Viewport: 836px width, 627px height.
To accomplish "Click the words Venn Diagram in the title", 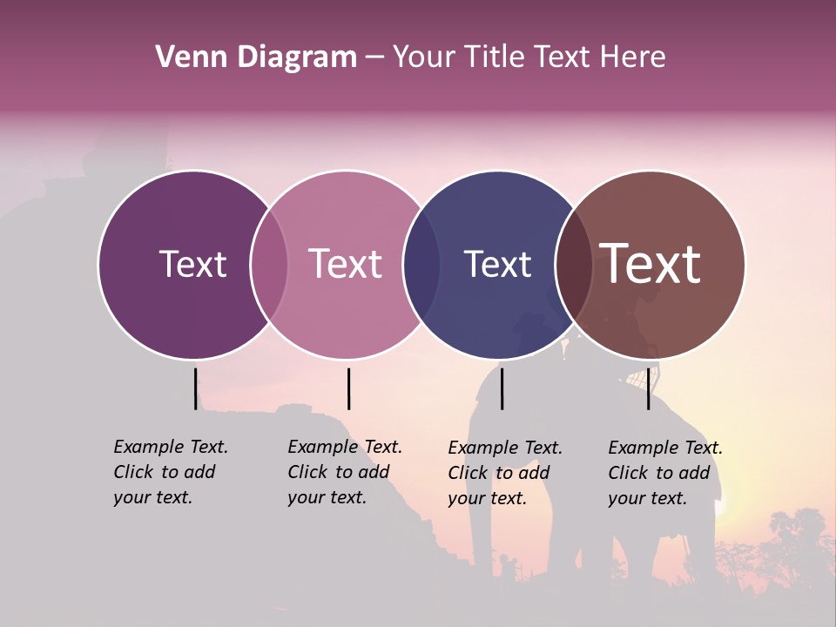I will click(x=256, y=57).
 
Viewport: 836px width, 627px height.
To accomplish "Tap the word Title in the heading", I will click(x=494, y=57).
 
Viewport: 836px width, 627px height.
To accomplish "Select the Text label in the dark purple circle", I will click(x=192, y=264).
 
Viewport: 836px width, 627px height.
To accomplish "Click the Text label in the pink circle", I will click(x=346, y=264).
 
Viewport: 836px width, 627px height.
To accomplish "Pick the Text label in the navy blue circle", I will click(x=497, y=264).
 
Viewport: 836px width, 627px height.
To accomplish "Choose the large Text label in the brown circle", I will click(x=651, y=264).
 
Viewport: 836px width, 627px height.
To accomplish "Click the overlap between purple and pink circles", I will click(x=269, y=265).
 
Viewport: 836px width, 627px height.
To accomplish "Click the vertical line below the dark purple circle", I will click(x=195, y=388).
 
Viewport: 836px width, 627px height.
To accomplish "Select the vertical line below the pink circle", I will click(x=348, y=388).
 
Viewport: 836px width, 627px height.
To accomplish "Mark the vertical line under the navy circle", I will click(x=502, y=388).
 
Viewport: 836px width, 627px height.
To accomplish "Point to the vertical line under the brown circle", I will click(x=648, y=388).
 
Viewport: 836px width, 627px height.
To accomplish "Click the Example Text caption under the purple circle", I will click(x=171, y=472).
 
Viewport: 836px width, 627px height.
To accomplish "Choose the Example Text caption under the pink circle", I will click(x=345, y=472).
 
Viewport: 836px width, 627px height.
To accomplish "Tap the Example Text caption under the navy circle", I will click(x=505, y=473).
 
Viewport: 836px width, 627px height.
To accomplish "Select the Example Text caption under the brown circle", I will click(x=665, y=473).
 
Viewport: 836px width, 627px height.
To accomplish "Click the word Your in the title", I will click(x=423, y=57).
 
